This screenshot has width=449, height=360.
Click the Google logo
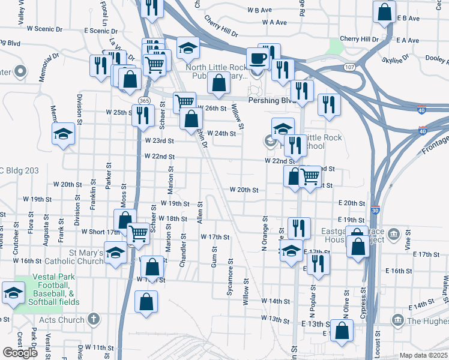click(x=20, y=353)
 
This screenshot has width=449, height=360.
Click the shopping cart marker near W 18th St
click(x=139, y=233)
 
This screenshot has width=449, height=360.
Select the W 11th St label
click(x=99, y=347)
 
